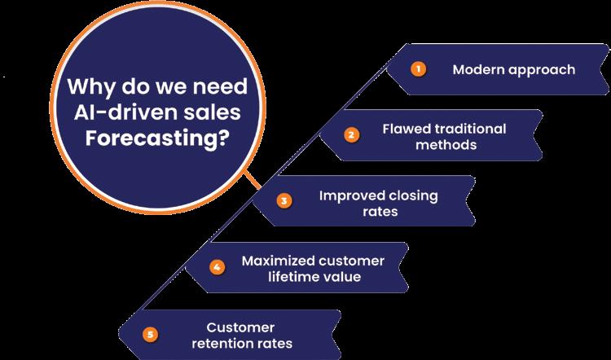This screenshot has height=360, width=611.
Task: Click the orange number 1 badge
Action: pos(418,69)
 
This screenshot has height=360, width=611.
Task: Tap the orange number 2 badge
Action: pos(351,135)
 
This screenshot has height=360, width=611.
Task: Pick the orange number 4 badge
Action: pos(217,266)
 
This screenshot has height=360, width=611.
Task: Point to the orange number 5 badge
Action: pos(149,332)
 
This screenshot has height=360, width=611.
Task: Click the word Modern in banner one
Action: pos(476,69)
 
